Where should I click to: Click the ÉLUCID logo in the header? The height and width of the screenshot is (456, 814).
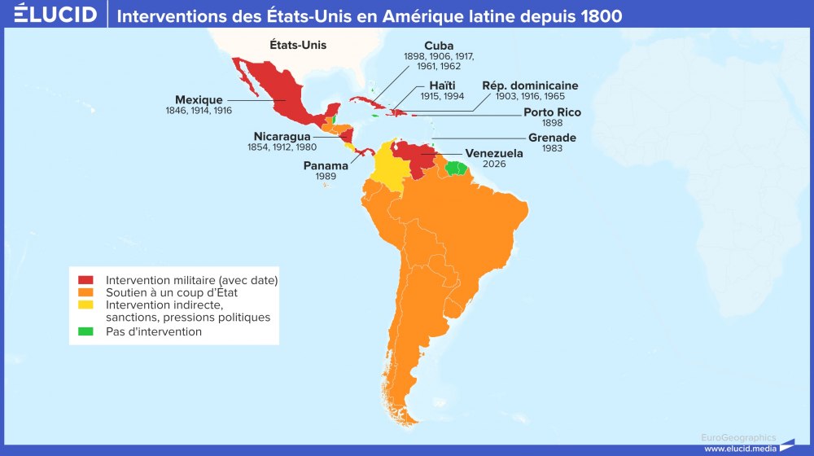tap(55, 14)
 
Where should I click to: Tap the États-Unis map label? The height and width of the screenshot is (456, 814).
tap(298, 46)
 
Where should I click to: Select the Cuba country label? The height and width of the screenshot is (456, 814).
tap(439, 46)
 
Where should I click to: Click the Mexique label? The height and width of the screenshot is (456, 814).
tap(199, 100)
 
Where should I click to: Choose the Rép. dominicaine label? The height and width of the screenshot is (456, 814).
tap(530, 85)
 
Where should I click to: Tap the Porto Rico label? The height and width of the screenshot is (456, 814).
tap(552, 112)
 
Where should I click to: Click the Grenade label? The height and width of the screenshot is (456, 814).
tap(552, 138)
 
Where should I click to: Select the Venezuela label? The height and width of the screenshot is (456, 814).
tap(494, 152)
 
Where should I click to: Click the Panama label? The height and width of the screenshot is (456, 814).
tap(326, 165)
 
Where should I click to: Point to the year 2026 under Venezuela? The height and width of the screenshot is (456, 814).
tap(494, 164)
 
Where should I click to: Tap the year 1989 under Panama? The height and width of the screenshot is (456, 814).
tap(326, 177)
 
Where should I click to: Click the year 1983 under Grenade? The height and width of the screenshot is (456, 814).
tap(552, 149)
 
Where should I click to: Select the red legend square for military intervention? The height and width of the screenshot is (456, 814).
tap(85, 280)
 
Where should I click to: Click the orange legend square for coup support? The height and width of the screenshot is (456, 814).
tap(85, 292)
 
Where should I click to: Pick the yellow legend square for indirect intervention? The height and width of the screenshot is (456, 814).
tap(85, 305)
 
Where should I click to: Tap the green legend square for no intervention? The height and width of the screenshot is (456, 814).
tap(85, 331)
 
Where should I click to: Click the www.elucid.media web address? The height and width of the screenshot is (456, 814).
tap(738, 448)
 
